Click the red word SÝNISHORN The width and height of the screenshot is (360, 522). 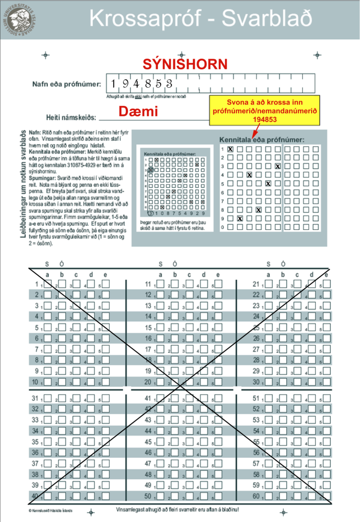click(x=184, y=64)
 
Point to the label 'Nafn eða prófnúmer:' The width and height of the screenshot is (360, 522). click(x=67, y=84)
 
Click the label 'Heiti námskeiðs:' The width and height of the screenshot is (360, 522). click(x=71, y=118)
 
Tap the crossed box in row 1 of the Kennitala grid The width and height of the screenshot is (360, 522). click(x=230, y=149)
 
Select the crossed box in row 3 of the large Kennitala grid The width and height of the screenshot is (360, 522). click(x=277, y=166)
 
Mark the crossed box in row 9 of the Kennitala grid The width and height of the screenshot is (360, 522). click(x=240, y=218)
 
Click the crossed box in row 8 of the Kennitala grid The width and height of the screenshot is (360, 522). click(x=259, y=210)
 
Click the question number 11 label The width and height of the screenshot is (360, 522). click(x=148, y=284)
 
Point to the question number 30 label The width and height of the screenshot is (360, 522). click(x=256, y=382)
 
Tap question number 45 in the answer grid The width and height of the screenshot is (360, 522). click(x=148, y=442)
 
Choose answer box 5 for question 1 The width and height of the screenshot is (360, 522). click(x=106, y=284)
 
